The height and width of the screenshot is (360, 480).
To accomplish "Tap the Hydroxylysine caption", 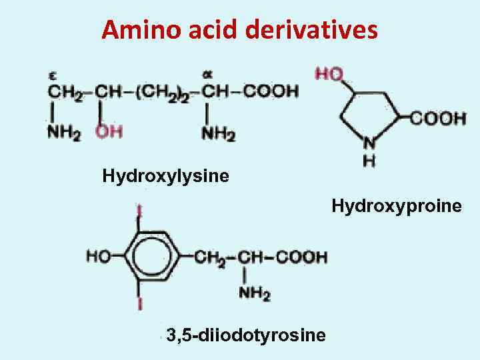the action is click(x=165, y=176).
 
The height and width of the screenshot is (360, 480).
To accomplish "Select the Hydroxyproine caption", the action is click(x=397, y=206).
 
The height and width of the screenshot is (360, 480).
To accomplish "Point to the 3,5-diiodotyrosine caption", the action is click(x=246, y=334).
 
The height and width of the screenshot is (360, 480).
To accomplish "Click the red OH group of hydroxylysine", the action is click(x=109, y=132).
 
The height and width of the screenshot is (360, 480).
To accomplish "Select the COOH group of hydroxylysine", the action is click(x=269, y=91).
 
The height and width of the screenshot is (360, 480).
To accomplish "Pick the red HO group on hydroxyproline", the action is click(x=329, y=73).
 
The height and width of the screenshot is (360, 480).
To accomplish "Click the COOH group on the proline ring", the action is click(x=437, y=119).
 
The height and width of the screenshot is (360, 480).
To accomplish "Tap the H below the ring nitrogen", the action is click(x=369, y=160).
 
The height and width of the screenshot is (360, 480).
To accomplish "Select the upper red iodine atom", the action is click(x=139, y=212).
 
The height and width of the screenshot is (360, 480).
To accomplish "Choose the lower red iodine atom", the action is click(x=139, y=304).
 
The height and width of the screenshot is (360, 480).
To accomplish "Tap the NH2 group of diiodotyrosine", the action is click(x=254, y=293).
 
